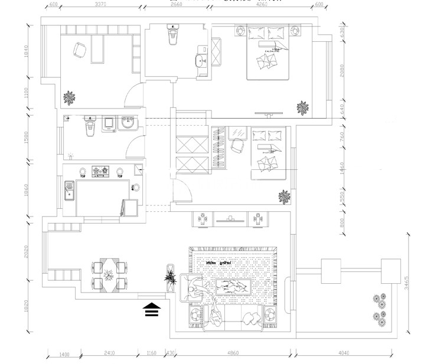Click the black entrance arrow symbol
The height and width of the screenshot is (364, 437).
[152, 310]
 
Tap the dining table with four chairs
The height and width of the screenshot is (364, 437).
[109, 274]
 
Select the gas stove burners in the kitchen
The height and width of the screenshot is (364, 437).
[99, 172]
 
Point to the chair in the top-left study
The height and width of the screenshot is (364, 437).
[79, 50]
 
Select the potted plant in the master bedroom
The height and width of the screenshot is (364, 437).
[303, 107]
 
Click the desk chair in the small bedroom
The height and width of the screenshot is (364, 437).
[239, 145]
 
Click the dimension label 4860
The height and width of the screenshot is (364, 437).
[232, 353]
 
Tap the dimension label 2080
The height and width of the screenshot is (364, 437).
[341, 72]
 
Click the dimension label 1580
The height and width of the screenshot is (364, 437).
[26, 137]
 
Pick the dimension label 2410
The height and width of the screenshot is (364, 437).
[109, 353]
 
